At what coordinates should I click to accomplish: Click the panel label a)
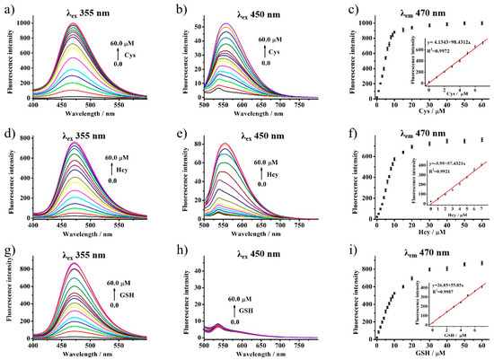pos(8,8)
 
